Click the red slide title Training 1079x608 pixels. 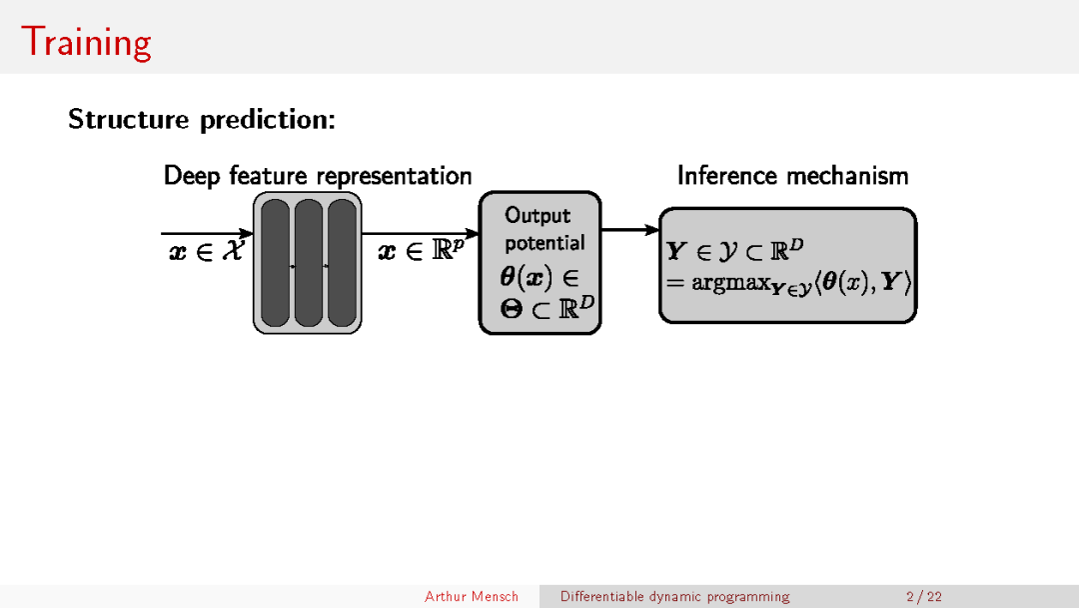[86, 42]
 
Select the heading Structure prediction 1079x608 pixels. [201, 120]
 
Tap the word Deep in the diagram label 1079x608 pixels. [194, 176]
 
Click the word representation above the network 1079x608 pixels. [394, 177]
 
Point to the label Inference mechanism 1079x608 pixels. [792, 176]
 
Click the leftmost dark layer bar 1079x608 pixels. [275, 263]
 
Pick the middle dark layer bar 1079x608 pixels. [308, 263]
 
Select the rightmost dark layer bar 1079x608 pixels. [342, 263]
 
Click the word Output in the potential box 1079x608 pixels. [538, 215]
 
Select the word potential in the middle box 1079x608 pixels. [544, 243]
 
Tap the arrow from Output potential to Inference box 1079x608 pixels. [629, 230]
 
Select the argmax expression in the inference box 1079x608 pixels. [789, 283]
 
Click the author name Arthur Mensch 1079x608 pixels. [472, 597]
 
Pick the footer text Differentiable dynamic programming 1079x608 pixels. [674, 597]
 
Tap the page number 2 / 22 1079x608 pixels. [923, 597]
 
